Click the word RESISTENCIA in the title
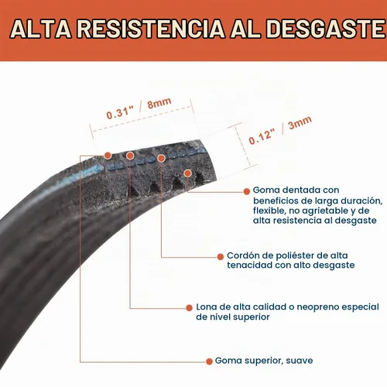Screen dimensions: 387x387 pyautogui.click(x=151, y=29)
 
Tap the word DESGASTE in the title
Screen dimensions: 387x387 pyautogui.click(x=326, y=29)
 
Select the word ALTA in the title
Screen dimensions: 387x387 pyautogui.click(x=41, y=29)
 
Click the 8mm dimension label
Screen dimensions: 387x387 pyautogui.click(x=159, y=103)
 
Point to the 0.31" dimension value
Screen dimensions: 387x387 pyautogui.click(x=120, y=112)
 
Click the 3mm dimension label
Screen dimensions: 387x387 pyautogui.click(x=300, y=123)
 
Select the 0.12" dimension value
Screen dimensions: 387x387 pyautogui.click(x=262, y=136)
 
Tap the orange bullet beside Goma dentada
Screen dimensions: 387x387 pyautogui.click(x=247, y=191)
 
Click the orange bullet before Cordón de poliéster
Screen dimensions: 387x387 pyautogui.click(x=221, y=257)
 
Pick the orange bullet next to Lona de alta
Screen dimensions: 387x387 pyautogui.click(x=189, y=308)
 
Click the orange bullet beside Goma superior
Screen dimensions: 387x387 pyautogui.click(x=209, y=361)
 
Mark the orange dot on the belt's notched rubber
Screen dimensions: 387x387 pyautogui.click(x=188, y=173)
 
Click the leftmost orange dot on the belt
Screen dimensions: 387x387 pyautogui.click(x=108, y=156)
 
